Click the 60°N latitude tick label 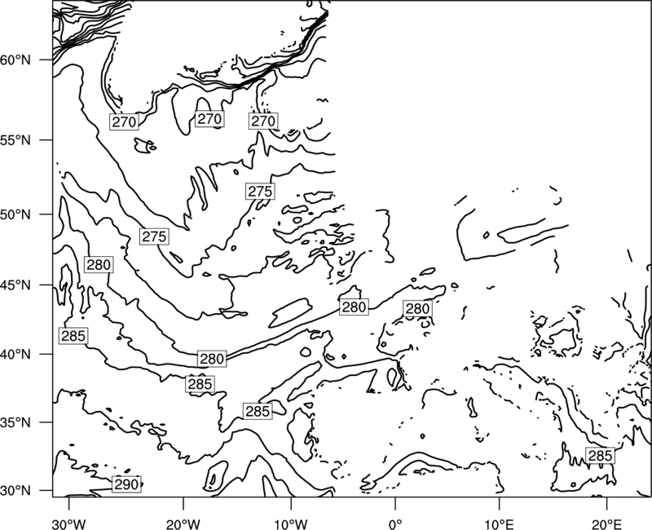tap(15, 60)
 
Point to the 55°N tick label tap(15, 140)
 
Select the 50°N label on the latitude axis tap(15, 214)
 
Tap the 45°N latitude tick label tap(15, 285)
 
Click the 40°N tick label tap(15, 355)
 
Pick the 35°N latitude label tap(15, 422)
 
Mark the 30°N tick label tap(15, 491)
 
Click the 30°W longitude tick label tap(69, 524)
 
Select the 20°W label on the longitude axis tap(183, 524)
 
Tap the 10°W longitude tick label tap(291, 524)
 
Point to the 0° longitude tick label tap(395, 524)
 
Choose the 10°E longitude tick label tap(499, 524)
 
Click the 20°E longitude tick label tap(606, 524)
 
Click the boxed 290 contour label tap(126, 484)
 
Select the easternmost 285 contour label tap(600, 456)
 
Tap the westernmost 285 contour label tap(73, 336)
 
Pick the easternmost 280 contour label tap(417, 309)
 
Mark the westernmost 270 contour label tap(124, 121)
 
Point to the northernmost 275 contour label tap(260, 192)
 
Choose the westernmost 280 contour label tap(99, 264)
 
